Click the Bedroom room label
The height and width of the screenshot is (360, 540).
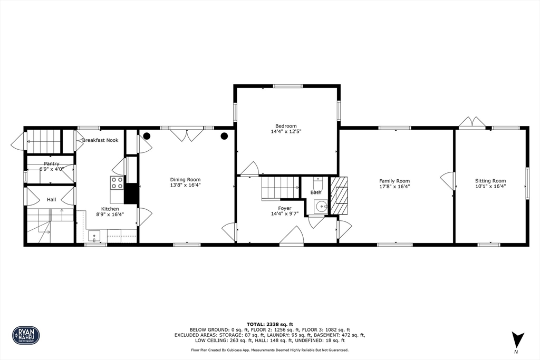(286, 126)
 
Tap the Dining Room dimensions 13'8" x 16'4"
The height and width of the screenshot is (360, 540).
(185, 186)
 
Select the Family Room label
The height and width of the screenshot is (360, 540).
(394, 181)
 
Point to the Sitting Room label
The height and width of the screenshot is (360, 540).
(490, 181)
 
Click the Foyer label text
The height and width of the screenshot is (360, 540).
(285, 208)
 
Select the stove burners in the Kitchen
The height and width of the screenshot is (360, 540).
(117, 183)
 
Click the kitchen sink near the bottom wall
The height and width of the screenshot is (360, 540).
(95, 236)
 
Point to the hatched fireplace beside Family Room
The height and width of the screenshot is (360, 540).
(339, 195)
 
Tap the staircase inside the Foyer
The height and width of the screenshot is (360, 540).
(280, 187)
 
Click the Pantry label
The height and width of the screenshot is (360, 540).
(51, 164)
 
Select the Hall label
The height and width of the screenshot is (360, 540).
(51, 200)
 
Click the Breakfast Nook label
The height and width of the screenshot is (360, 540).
(100, 140)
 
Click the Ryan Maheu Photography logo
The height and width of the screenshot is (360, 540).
(26, 335)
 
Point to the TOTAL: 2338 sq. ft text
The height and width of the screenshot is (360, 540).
(269, 324)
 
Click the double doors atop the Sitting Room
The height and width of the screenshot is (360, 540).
(471, 123)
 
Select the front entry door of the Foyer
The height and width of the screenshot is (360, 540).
(292, 237)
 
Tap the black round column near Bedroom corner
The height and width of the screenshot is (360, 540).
(224, 136)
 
